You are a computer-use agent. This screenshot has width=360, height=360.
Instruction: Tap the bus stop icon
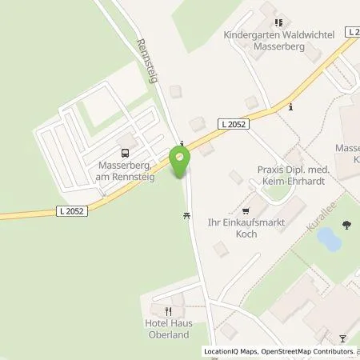(x=125, y=152)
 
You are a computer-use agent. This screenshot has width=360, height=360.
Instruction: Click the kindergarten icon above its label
(x=278, y=24)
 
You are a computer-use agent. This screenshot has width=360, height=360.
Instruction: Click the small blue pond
(x=331, y=239)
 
